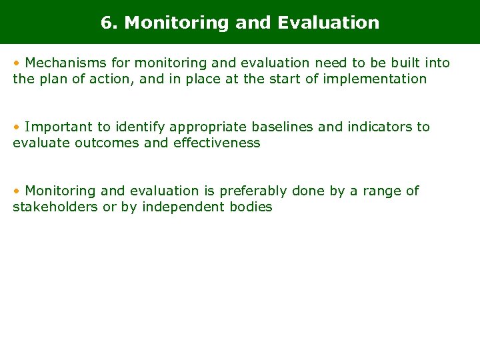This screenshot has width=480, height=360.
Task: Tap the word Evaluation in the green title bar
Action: pyautogui.click(x=328, y=23)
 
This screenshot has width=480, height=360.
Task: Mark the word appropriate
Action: pyautogui.click(x=203, y=127)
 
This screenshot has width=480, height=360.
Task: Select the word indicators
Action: pyautogui.click(x=378, y=127)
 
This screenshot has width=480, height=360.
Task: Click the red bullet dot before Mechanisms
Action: pyautogui.click(x=16, y=63)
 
